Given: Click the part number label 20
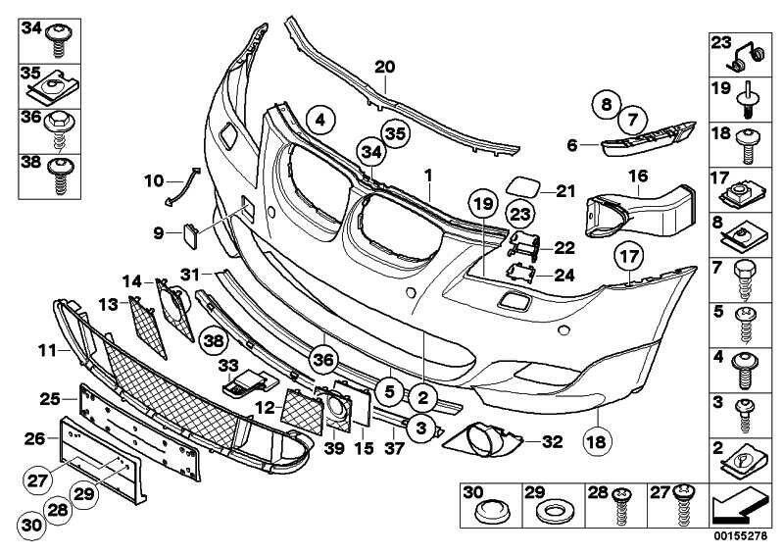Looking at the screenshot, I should click(384, 67).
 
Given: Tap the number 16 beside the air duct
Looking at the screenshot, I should click(638, 177).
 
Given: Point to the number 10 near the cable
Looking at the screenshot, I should click(154, 180).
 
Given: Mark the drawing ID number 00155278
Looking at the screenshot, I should click(740, 536).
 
